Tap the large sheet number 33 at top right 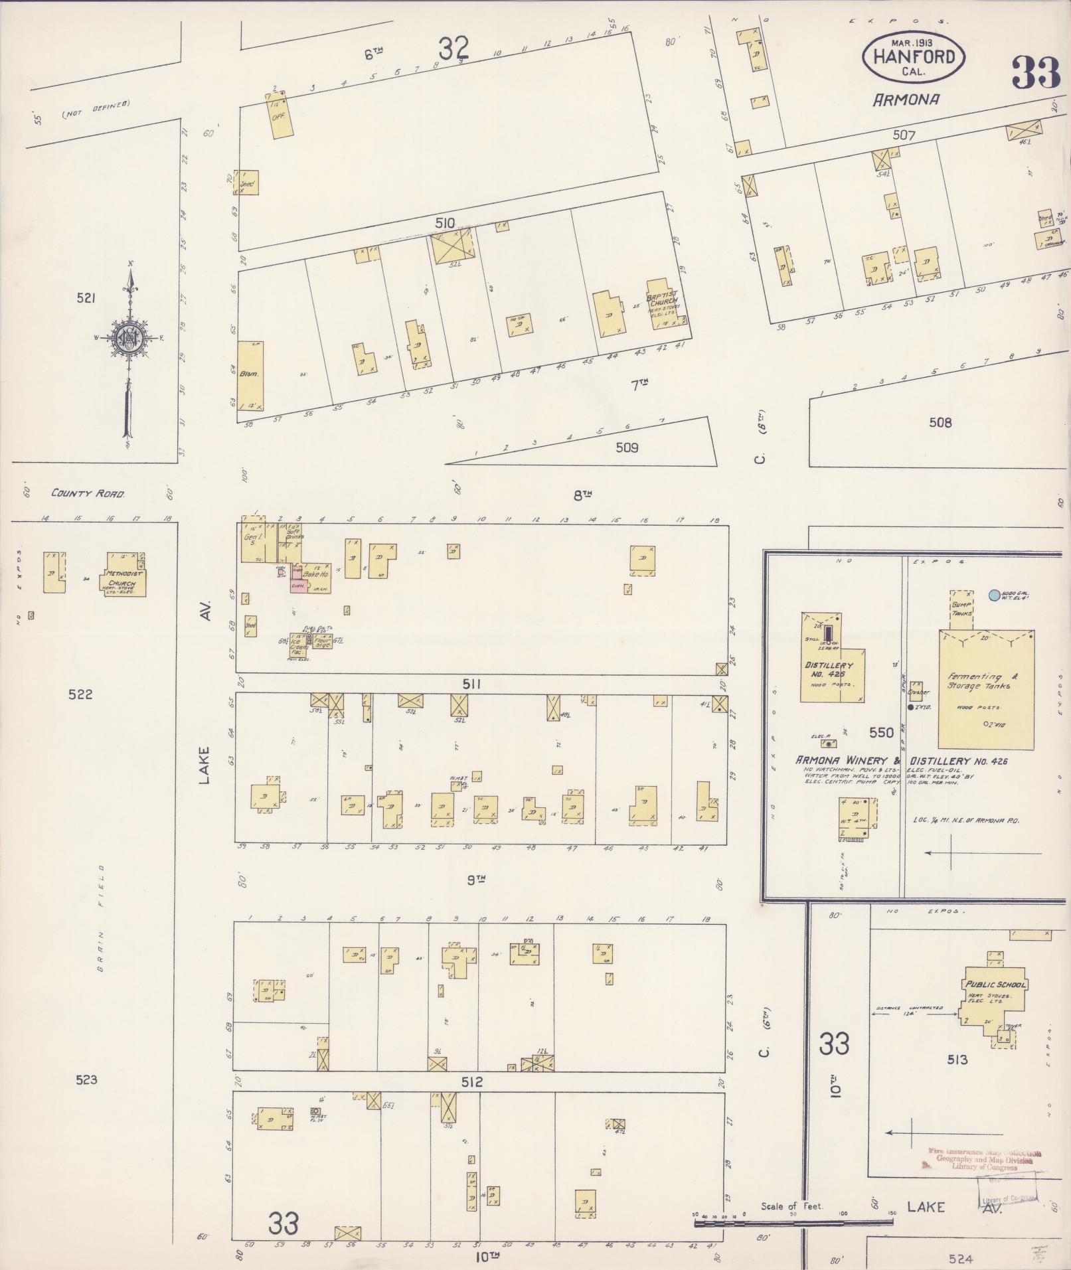tap(1036, 73)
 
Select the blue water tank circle tap(993, 595)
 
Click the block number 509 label tap(626, 447)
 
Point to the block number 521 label tap(86, 299)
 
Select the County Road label tap(88, 494)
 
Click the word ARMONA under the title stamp tap(906, 100)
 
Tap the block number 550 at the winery tap(882, 733)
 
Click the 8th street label tap(582, 495)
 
